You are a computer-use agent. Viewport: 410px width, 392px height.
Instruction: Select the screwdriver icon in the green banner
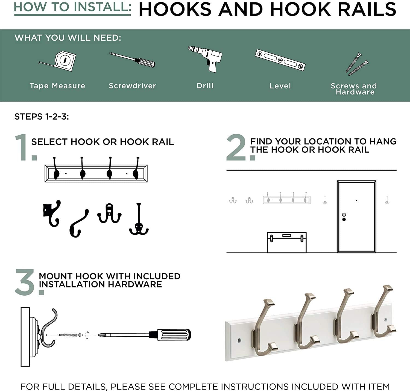pos(132,60)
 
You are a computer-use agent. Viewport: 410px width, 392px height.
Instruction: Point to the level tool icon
pos(280,60)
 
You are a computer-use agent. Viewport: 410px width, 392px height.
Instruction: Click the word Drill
pos(205,86)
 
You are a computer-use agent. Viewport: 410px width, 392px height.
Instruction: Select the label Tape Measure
pos(57,86)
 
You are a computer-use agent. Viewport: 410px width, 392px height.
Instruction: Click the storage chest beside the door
pos(287,242)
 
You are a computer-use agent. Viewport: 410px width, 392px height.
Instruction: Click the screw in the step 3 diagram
pos(70,335)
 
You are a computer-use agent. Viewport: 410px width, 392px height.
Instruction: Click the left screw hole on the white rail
pos(239,340)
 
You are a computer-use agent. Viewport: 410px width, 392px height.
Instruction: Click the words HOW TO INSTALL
pos(72,7)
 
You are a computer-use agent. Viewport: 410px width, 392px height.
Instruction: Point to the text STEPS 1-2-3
pos(42,117)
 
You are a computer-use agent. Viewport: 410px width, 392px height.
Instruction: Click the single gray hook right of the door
pos(387,200)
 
